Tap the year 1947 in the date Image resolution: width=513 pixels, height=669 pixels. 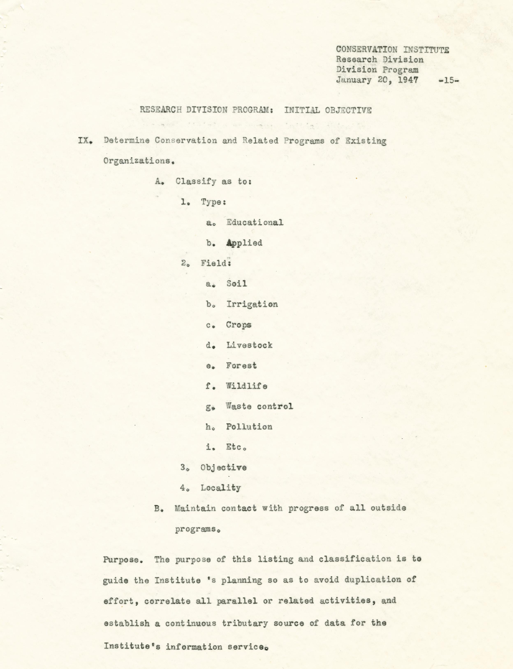(408, 80)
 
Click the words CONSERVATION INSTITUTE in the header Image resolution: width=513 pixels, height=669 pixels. (392, 50)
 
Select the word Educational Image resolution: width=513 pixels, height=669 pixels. (255, 222)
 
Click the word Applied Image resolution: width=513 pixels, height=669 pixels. (244, 243)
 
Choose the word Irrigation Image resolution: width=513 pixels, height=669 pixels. (252, 304)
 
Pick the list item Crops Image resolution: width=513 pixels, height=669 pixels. (239, 325)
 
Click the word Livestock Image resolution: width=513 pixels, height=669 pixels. (249, 345)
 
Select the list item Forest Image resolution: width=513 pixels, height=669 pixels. (241, 366)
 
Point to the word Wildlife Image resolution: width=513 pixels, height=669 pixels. (246, 386)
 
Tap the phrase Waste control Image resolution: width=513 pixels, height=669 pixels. (259, 406)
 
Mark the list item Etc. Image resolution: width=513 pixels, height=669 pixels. (236, 447)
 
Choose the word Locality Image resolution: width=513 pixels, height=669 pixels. (220, 488)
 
